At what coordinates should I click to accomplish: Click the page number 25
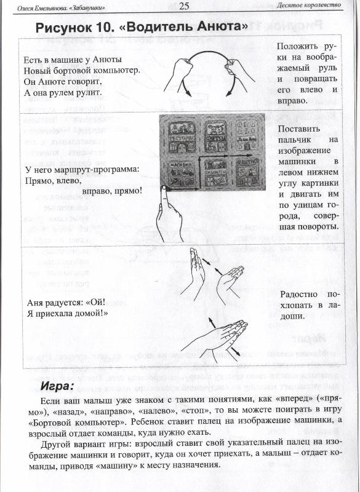(x=184, y=7)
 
